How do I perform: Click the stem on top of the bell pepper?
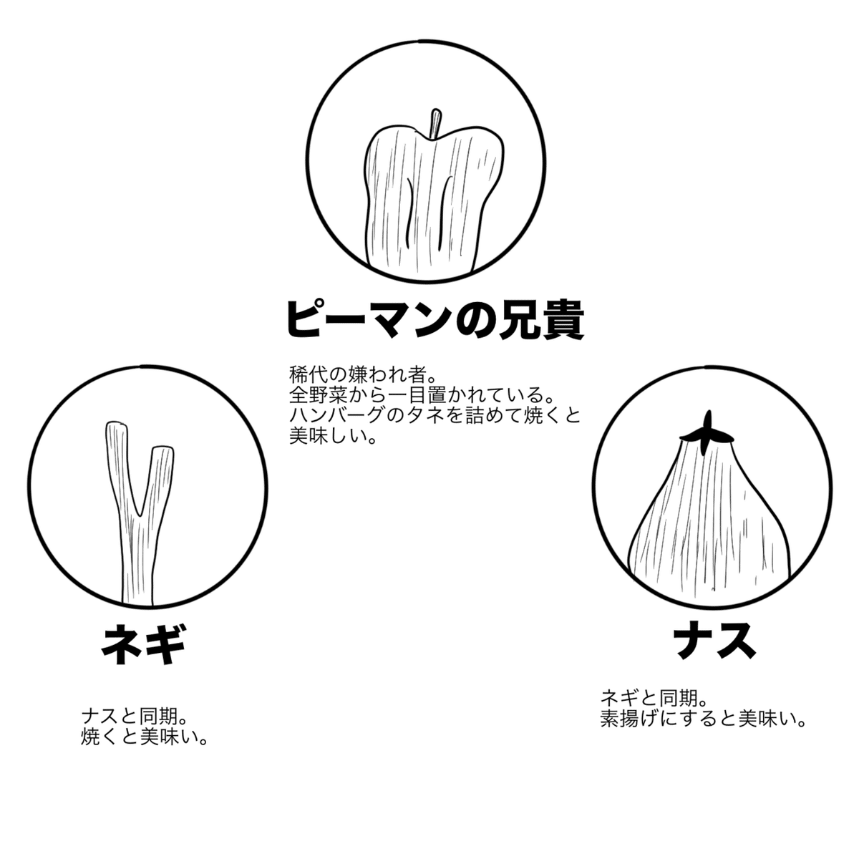tap(435, 123)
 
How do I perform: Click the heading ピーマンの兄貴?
tap(435, 319)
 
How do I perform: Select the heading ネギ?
tap(143, 644)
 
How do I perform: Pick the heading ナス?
tap(714, 638)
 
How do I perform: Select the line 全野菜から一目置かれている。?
tap(422, 395)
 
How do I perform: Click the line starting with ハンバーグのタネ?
tap(435, 415)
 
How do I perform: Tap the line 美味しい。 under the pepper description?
tap(331, 435)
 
